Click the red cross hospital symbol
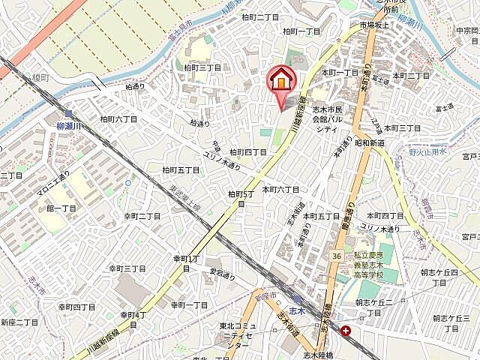pos(346,330)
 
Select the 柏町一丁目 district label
pos(301,31)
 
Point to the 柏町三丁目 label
pos(202,67)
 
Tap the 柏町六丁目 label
pos(118,119)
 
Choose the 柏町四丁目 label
pos(248,151)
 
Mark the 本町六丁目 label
pos(280,190)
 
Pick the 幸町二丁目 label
pos(142,216)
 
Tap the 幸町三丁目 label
pos(127,268)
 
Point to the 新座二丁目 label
pos(19,322)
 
